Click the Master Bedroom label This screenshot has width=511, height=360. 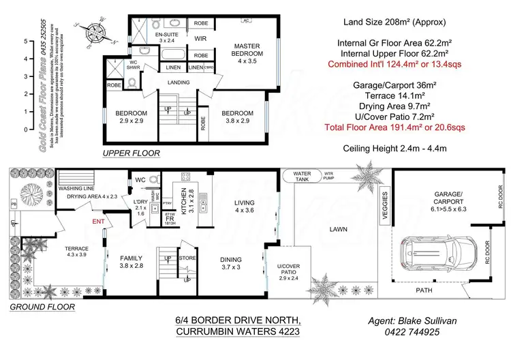[x=247, y=50]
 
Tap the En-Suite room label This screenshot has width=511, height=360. [x=166, y=37]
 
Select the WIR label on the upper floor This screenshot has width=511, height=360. [x=201, y=39]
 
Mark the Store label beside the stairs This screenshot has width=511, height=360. [x=187, y=258]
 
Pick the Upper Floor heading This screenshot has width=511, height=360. [x=131, y=153]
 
